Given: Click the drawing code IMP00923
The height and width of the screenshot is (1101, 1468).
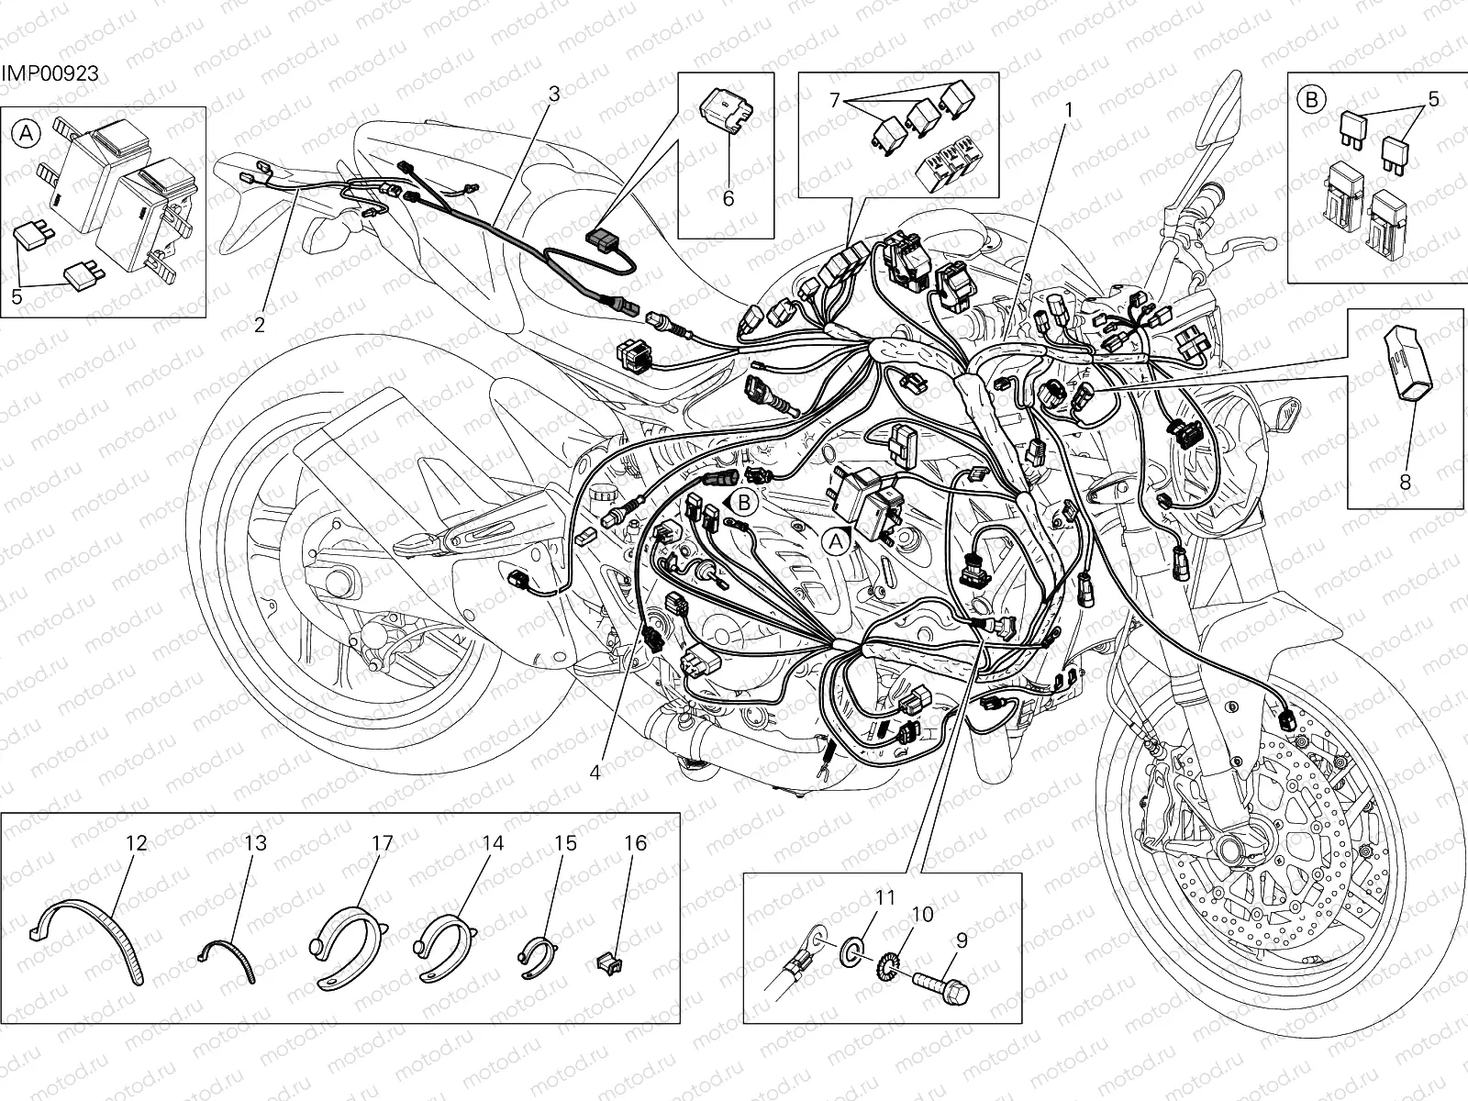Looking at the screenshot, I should tap(50, 74).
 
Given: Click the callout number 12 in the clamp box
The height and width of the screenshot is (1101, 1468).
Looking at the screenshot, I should tap(136, 843).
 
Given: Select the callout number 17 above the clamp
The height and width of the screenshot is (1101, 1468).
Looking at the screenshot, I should tap(382, 843).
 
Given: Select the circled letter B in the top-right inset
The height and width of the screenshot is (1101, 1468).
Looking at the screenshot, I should tap(1312, 98).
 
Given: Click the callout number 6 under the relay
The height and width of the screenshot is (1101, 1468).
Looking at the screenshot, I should tap(728, 198).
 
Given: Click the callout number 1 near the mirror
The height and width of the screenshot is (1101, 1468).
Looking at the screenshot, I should tap(1068, 109).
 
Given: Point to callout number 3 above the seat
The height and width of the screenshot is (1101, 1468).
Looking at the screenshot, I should tap(553, 94).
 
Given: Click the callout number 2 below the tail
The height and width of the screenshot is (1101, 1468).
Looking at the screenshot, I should tap(260, 325).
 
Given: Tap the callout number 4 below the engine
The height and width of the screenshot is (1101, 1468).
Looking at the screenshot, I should tap(595, 773).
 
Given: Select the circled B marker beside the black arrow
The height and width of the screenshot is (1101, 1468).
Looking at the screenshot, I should tap(744, 502).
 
